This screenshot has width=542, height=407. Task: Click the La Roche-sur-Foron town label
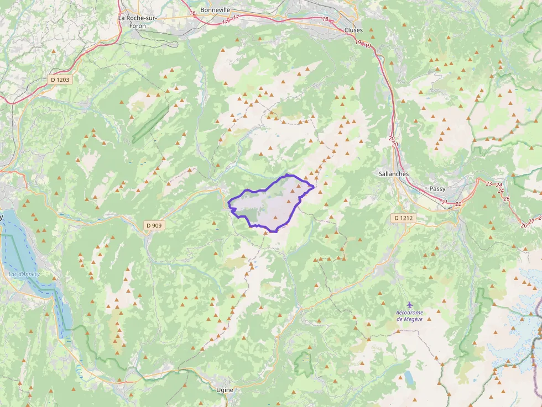tap(138, 21)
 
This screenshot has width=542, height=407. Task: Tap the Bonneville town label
tap(215, 10)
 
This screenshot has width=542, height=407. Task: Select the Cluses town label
tap(353, 30)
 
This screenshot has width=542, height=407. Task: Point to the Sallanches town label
tap(394, 173)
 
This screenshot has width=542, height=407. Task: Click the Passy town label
tap(437, 189)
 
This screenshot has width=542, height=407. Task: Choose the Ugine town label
tap(225, 389)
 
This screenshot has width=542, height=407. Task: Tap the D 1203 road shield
tap(60, 80)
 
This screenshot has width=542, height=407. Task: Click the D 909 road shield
tap(155, 225)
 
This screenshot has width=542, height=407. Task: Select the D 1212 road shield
tap(404, 218)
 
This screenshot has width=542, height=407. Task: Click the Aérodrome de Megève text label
tap(409, 315)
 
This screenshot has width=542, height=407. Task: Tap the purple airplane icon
tap(409, 305)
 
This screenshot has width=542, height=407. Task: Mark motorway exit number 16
tap(192, 13)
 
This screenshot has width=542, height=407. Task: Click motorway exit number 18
tap(325, 19)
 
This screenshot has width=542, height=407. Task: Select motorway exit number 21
tap(445, 203)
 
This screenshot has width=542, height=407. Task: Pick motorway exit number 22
tap(458, 204)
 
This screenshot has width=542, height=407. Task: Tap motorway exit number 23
tap(489, 183)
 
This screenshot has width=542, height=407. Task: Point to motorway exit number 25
tap(507, 199)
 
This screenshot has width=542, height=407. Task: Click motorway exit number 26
tap(524, 225)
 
